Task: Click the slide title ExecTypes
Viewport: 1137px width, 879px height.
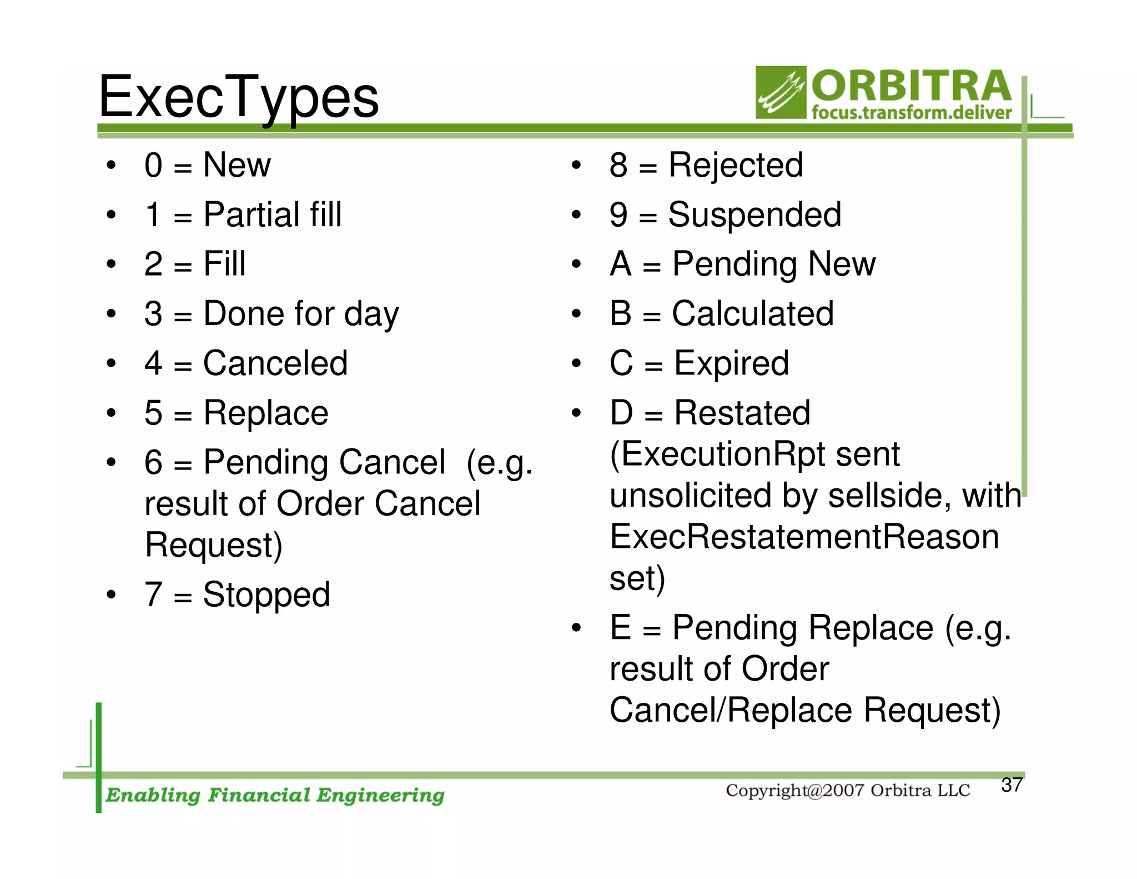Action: (239, 98)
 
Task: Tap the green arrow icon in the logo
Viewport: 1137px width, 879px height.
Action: (781, 92)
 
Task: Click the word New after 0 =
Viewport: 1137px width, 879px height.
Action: (237, 165)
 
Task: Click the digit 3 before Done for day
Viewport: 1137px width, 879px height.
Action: (153, 313)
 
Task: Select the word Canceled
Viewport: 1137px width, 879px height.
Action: (275, 363)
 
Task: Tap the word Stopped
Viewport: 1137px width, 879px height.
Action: (266, 595)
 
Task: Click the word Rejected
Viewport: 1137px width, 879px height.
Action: (736, 165)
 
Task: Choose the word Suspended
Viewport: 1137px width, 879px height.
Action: (754, 214)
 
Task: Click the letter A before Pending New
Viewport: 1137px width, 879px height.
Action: (621, 264)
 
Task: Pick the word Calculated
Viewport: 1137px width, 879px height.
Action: (753, 313)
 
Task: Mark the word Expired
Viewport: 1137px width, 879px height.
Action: (731, 363)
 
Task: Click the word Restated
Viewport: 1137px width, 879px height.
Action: (742, 413)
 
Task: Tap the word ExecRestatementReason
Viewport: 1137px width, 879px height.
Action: (804, 537)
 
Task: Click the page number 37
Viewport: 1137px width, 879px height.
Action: (1012, 785)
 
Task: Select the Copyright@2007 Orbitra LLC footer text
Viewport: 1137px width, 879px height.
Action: (848, 790)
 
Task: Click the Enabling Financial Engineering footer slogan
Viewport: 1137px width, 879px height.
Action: (275, 795)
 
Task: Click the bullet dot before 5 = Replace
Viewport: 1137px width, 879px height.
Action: (112, 413)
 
